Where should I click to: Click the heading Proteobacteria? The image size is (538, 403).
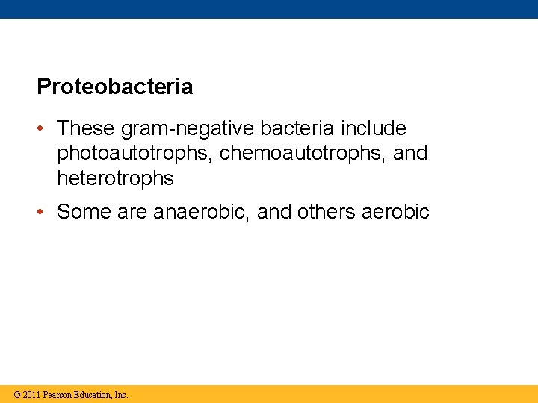coord(114,87)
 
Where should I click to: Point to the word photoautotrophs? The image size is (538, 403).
coord(134,153)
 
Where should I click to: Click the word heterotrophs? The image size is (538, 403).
coord(115,178)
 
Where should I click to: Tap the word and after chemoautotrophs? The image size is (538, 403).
coord(411,153)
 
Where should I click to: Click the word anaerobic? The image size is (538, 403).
coord(200,212)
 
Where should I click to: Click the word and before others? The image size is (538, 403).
coord(274,212)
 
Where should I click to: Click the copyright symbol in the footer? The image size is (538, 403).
coord(17,394)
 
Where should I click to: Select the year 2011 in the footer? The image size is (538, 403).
coord(32,394)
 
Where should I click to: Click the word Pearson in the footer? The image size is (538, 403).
coord(58,394)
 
